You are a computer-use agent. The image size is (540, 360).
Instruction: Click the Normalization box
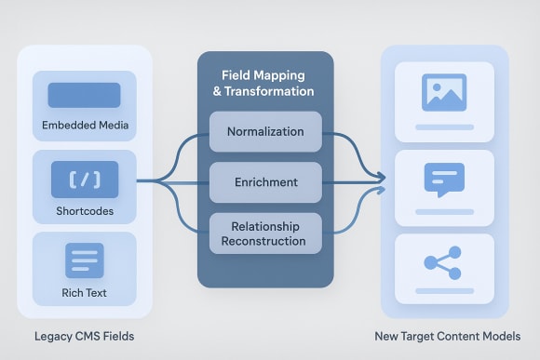265,131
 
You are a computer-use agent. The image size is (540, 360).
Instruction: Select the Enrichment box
265,182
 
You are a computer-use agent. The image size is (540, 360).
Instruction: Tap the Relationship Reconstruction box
265,233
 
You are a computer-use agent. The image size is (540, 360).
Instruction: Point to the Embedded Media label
84,125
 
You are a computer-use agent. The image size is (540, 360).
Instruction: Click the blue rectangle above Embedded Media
84,95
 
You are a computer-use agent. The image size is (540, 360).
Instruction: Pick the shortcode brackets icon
84,177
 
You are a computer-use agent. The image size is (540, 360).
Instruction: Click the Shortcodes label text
84,212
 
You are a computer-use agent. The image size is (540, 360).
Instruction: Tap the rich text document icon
84,260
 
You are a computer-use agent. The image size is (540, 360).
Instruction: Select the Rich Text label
84,293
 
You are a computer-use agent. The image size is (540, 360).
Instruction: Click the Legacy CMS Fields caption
84,336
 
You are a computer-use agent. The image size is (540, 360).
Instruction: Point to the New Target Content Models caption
448,336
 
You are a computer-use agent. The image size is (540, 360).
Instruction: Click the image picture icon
443,92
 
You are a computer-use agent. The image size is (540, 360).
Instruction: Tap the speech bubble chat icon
443,179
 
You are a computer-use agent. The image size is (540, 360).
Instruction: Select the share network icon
443,262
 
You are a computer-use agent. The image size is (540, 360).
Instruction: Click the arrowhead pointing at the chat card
380,177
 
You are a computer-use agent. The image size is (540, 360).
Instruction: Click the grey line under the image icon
443,126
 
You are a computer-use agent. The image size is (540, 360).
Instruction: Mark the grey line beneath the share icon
443,290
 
